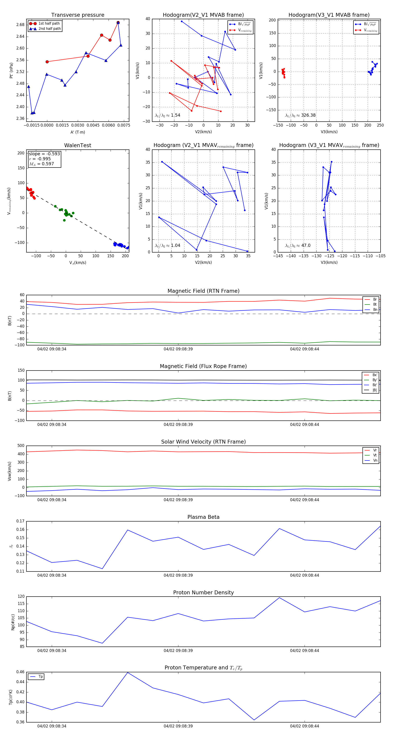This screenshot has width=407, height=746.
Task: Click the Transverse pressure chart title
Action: click(78, 15)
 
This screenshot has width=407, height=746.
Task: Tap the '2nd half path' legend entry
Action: click(50, 29)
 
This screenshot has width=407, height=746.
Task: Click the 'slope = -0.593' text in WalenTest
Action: click(44, 154)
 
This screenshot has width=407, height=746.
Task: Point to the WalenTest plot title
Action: click(78, 145)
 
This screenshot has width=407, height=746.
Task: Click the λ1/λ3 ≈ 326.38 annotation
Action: click(301, 115)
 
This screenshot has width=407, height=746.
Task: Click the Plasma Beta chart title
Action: click(203, 517)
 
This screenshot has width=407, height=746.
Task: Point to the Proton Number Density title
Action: click(203, 593)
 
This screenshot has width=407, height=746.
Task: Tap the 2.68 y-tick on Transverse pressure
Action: click(20, 25)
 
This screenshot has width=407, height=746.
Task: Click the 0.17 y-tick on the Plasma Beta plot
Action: click(20, 521)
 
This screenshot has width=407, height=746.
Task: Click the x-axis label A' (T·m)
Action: click(78, 132)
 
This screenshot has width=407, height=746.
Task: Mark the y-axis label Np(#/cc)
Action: click(13, 622)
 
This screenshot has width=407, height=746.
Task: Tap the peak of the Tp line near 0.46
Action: click(128, 673)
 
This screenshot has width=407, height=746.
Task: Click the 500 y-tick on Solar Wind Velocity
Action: click(21, 446)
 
